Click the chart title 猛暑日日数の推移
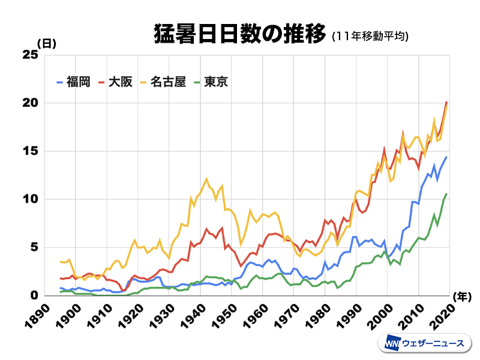(238, 34)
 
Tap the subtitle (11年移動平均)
(370, 37)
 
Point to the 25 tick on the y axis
(30, 55)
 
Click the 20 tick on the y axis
(30, 103)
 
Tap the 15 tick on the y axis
(30, 151)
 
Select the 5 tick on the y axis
(34, 247)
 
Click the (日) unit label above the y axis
(47, 44)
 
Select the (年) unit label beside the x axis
(462, 295)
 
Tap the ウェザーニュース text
(433, 343)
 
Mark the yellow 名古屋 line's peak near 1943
(206, 178)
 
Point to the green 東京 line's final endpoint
(447, 193)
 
